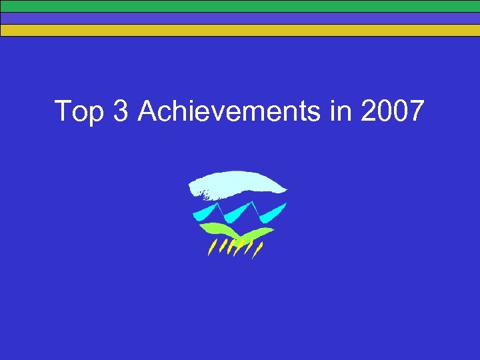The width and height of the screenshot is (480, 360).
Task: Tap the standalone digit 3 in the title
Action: tap(121, 111)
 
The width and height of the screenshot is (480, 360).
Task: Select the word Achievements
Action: tap(229, 111)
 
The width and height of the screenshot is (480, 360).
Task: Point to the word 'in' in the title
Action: tap(339, 111)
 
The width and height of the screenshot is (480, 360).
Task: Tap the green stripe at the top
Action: tap(240, 6)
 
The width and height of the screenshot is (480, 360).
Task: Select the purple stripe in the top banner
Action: tap(240, 18)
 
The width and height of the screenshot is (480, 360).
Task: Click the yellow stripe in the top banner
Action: tap(240, 30)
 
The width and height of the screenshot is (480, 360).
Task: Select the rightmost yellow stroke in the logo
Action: tap(259, 251)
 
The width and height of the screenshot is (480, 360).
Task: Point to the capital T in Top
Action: tap(63, 111)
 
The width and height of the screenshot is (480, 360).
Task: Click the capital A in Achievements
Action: tap(147, 111)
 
